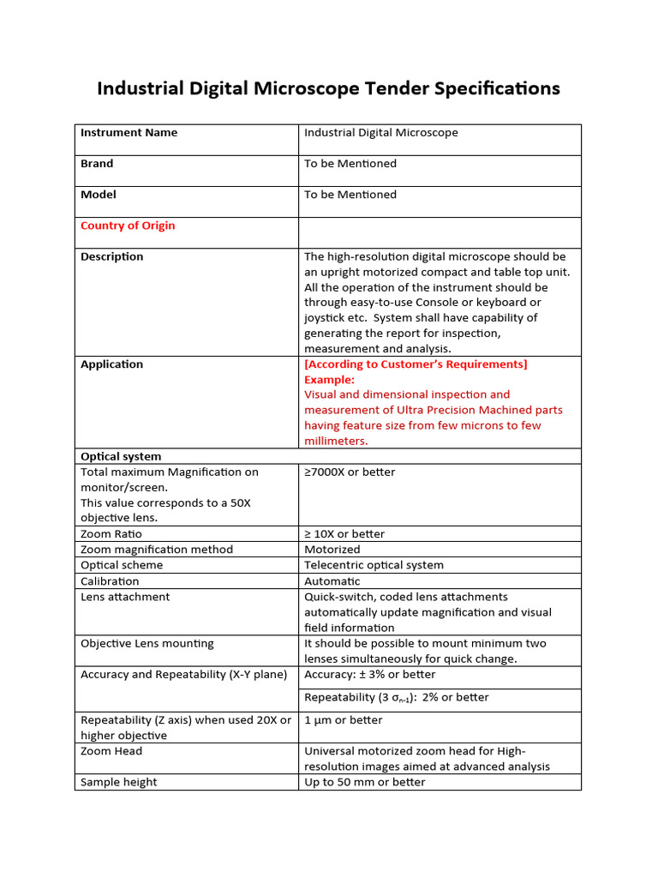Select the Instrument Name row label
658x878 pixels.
(x=129, y=133)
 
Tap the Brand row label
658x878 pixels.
(x=97, y=164)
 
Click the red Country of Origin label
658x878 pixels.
(x=128, y=226)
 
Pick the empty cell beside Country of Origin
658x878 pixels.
(x=440, y=232)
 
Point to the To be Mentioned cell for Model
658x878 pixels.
(x=350, y=195)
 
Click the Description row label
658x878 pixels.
(x=112, y=256)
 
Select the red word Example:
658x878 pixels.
(x=329, y=379)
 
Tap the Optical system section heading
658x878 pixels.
(x=121, y=456)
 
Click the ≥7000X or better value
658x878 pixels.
(x=350, y=472)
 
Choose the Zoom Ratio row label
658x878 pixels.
(x=111, y=534)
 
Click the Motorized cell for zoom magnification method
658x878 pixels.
(x=332, y=550)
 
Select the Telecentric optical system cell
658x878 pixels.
(x=374, y=565)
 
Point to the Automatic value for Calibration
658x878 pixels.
(x=332, y=581)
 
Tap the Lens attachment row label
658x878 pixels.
(x=125, y=597)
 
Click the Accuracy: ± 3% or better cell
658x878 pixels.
(x=370, y=675)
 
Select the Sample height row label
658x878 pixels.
(x=119, y=782)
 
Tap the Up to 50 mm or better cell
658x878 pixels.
(x=365, y=782)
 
